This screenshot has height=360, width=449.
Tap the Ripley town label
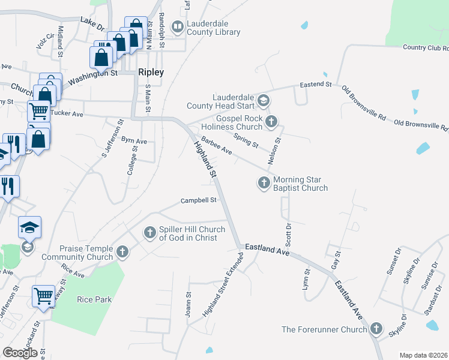pyautogui.click(x=151, y=71)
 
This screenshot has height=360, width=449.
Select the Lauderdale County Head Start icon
pyautogui.click(x=264, y=100)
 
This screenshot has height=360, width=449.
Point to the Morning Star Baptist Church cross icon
pyautogui.click(x=264, y=183)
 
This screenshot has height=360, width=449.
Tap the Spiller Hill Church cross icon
pyautogui.click(x=149, y=232)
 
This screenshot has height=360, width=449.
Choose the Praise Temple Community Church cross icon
pyautogui.click(x=122, y=251)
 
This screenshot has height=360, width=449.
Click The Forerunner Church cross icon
pyautogui.click(x=376, y=329)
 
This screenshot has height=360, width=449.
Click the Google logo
pyautogui.click(x=20, y=353)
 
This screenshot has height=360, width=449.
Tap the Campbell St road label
pyautogui.click(x=199, y=201)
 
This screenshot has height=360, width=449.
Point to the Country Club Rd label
pyautogui.click(x=426, y=47)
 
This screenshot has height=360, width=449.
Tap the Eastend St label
pyautogui.click(x=316, y=85)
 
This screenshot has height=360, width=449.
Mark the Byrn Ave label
pyautogui.click(x=134, y=141)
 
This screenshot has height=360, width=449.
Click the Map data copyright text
pyautogui.click(x=423, y=355)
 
